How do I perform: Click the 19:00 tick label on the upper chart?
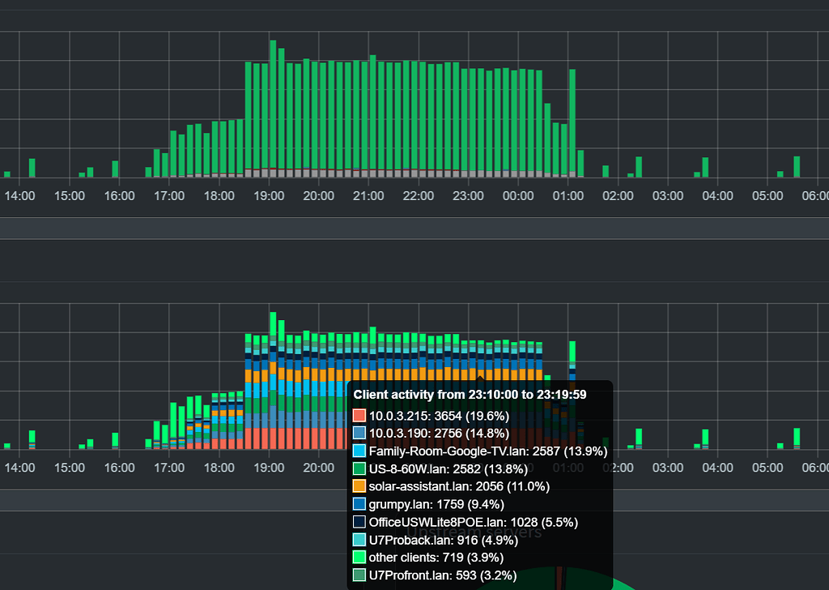tap(269, 196)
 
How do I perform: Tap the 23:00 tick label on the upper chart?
tap(468, 196)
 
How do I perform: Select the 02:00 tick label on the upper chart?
tap(618, 196)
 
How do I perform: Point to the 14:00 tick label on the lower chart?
tap(19, 468)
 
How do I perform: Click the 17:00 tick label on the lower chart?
tap(169, 468)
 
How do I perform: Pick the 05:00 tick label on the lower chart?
tap(767, 468)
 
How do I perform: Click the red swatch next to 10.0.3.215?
tap(359, 415)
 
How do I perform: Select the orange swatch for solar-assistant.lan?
tap(359, 486)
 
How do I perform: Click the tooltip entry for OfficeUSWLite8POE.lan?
tap(473, 522)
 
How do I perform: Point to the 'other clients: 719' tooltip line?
tap(436, 558)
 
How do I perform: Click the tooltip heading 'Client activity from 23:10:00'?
tap(470, 395)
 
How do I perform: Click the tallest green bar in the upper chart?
tap(273, 105)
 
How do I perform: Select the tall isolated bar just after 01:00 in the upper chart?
tap(572, 122)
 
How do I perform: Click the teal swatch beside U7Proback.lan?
tap(359, 540)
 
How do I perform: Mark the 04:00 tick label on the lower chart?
tap(717, 468)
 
